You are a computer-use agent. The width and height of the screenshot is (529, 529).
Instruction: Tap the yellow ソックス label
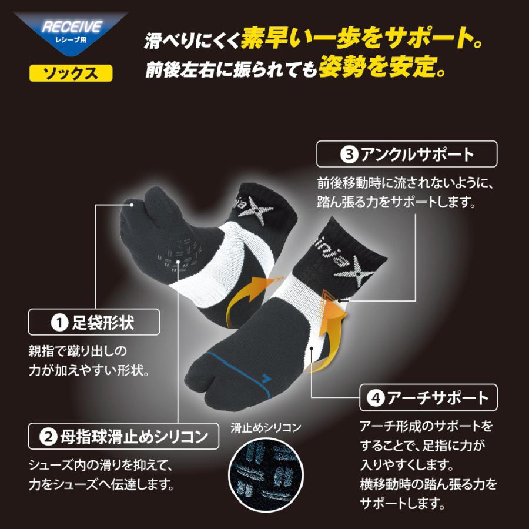click(x=71, y=73)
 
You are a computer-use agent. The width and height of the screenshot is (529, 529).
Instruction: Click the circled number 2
click(x=49, y=437)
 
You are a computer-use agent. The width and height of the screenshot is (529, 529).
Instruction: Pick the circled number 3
click(x=347, y=155)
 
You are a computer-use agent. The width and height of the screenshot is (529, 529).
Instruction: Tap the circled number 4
click(x=374, y=398)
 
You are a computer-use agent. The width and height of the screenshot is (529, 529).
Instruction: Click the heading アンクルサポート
click(x=417, y=155)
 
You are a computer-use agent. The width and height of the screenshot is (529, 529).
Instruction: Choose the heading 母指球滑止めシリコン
click(x=132, y=437)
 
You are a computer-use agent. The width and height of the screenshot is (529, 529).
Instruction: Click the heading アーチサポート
click(x=437, y=398)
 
